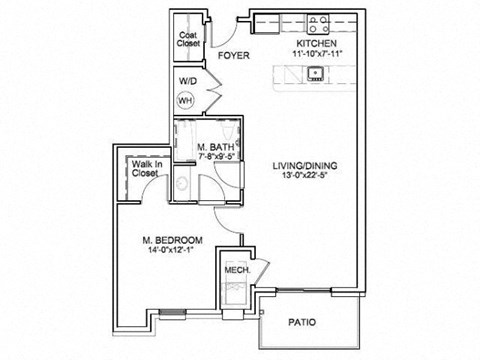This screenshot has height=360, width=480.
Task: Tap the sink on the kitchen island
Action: (315, 72)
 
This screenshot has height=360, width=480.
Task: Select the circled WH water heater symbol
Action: (185, 100)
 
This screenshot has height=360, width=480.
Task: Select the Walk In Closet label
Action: (145, 168)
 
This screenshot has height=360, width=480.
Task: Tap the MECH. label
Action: (236, 270)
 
